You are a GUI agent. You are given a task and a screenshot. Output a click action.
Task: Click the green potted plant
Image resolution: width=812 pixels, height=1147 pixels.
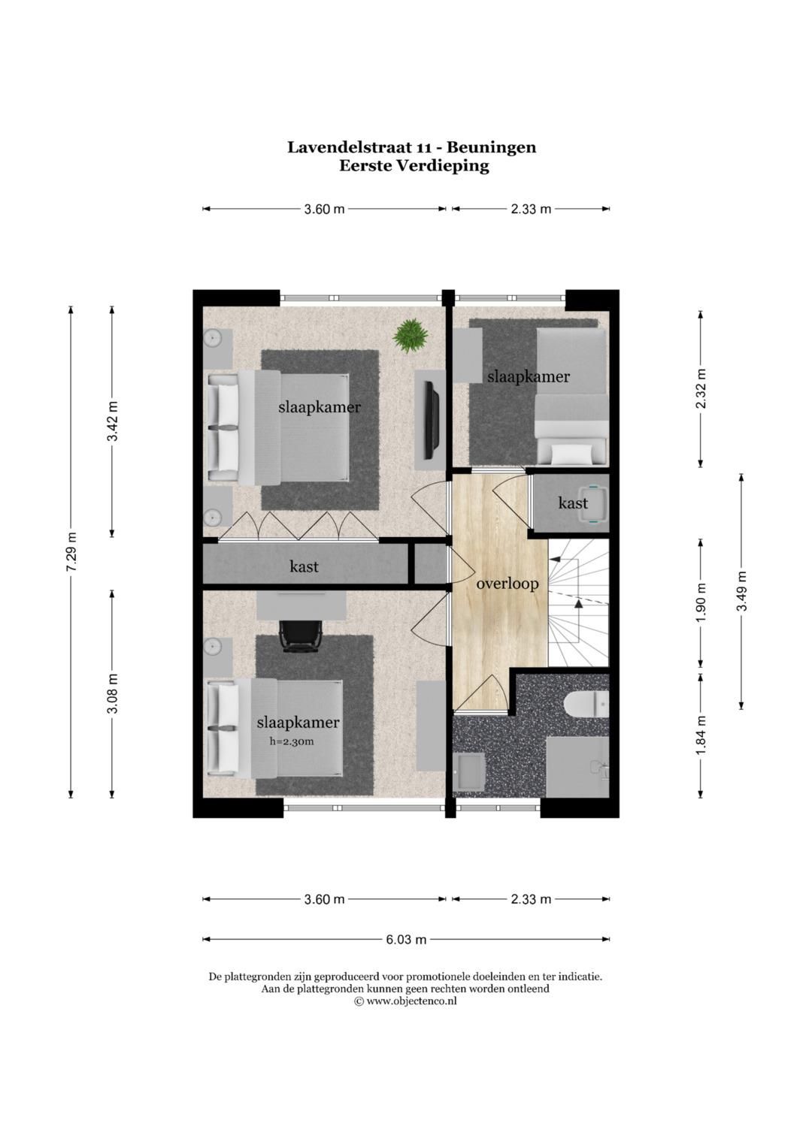tap(410, 336)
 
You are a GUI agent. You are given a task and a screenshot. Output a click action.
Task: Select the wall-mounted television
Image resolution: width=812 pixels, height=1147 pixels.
tap(432, 420)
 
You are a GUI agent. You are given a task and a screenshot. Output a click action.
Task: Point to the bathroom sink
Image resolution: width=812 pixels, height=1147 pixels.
tap(470, 771)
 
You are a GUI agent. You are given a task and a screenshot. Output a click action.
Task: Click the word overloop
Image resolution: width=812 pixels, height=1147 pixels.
tap(507, 584)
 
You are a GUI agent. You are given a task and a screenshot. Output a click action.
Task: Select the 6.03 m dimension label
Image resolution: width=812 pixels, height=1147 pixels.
tap(406, 940)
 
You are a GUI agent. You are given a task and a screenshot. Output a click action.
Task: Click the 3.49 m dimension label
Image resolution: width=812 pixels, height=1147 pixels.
tap(742, 590)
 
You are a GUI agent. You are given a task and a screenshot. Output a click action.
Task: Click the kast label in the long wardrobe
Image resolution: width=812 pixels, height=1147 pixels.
tap(304, 566)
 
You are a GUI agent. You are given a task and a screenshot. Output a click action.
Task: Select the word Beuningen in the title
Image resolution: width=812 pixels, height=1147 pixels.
tap(492, 147)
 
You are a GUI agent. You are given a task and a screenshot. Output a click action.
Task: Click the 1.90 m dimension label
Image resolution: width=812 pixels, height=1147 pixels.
tap(701, 602)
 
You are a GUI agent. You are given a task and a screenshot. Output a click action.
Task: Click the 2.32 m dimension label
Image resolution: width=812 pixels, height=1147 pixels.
tap(701, 388)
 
